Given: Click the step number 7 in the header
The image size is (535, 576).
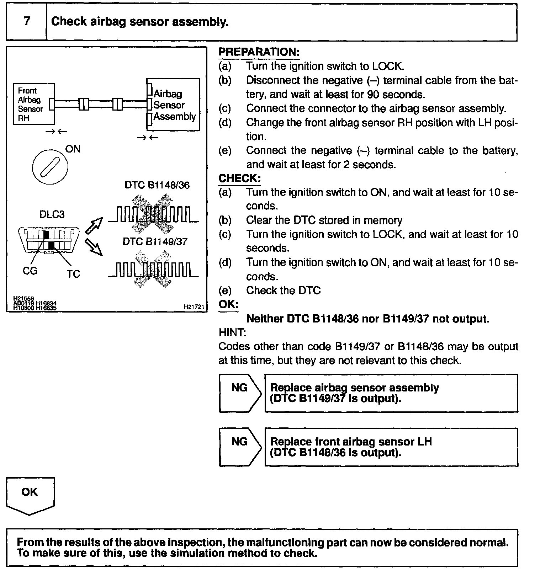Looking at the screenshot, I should pos(27,21).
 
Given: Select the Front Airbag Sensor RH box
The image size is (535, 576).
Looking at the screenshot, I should pos(34,104).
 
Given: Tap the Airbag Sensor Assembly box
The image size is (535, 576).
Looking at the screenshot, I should pos(174,105).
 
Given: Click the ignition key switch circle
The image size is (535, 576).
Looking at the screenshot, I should pos(50,167).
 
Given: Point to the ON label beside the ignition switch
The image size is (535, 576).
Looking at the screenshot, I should pos(73,149).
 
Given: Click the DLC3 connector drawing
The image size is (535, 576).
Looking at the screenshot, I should pos(48,240).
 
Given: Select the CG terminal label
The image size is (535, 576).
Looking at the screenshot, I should pos(30,271).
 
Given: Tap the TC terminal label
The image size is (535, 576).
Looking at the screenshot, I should pos(73,274).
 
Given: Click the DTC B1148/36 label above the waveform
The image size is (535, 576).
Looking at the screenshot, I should pos(157,185).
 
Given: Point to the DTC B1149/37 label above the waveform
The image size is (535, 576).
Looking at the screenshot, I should pos(155,242).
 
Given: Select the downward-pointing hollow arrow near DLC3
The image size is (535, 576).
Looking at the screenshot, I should pos(94,247).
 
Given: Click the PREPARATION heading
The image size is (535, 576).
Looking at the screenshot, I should pos(259,52).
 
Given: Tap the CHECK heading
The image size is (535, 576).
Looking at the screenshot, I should pos(239,178).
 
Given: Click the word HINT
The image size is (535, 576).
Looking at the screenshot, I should pos(232,332).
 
